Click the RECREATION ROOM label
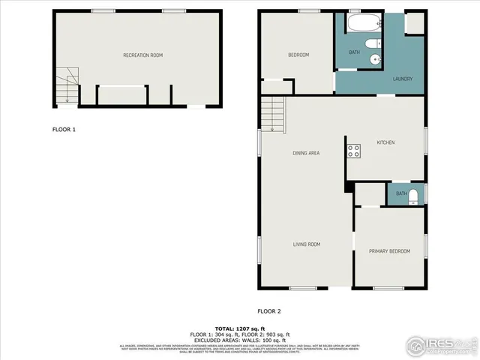point(142,55)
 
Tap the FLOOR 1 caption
point(64,130)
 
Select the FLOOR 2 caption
point(269,310)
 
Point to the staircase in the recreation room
point(67,85)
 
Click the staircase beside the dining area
point(274,117)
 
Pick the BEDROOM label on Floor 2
point(299,55)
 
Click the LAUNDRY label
point(402,79)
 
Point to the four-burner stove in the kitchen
point(353,151)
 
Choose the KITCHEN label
point(385,142)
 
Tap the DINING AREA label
point(306,153)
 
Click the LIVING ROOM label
point(306,244)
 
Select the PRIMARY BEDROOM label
point(389,251)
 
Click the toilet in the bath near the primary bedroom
point(414,195)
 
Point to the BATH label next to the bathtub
point(354,52)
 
